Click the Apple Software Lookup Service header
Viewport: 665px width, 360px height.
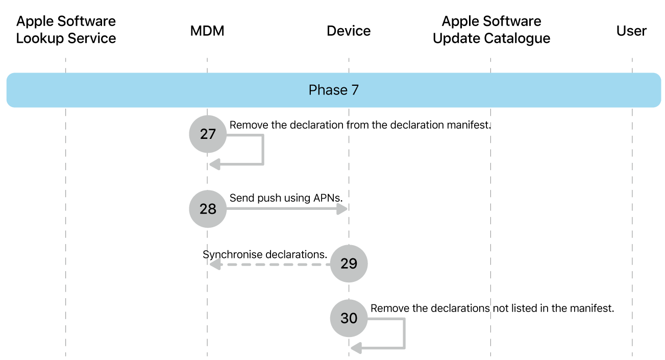tap(66, 30)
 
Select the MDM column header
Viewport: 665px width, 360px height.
tap(207, 31)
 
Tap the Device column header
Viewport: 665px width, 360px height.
tap(349, 31)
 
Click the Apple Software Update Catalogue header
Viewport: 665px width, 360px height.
tap(491, 30)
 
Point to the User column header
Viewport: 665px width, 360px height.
tap(631, 31)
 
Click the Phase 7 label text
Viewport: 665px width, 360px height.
tap(333, 90)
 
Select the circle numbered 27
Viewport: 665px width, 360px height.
tap(208, 134)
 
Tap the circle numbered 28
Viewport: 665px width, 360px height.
tap(208, 208)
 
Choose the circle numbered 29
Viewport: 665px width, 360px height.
tap(349, 263)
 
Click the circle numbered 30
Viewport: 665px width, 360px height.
tap(349, 318)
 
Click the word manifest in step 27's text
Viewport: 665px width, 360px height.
tap(468, 125)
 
